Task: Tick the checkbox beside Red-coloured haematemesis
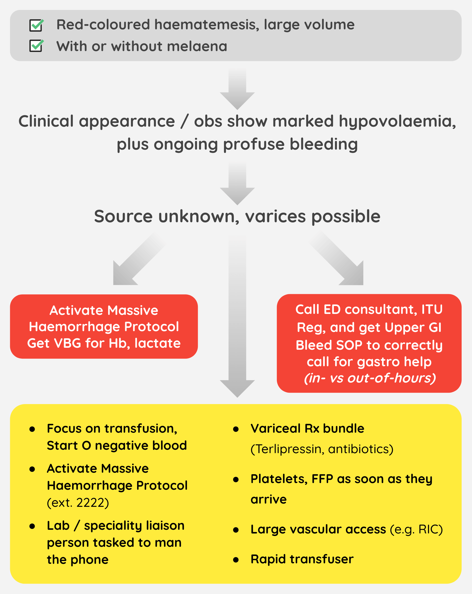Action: tap(36, 25)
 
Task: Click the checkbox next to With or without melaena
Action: tap(36, 46)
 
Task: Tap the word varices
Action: tap(275, 216)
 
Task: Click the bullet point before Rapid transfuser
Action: tap(236, 560)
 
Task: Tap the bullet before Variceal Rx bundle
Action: tap(236, 429)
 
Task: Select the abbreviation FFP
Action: tap(322, 479)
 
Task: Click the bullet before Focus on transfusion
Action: tap(32, 429)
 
